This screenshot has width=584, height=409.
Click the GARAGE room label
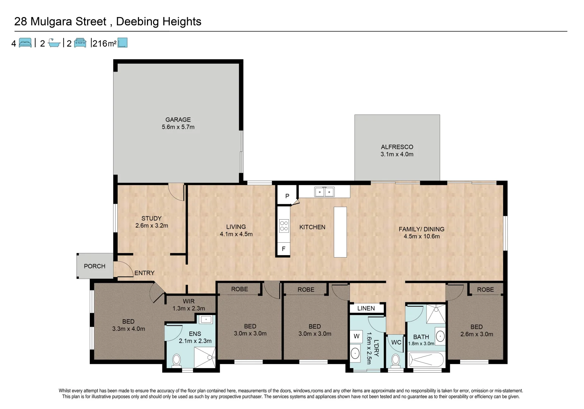(x=178, y=120)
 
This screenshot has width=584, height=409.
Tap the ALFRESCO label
(x=397, y=147)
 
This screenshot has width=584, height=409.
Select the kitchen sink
(x=324, y=192)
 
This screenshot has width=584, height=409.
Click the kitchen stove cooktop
(x=284, y=226)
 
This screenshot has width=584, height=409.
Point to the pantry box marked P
(x=287, y=196)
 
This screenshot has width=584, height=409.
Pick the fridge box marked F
(x=283, y=249)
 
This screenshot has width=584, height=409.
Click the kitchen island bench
(x=340, y=232)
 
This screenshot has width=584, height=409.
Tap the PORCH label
(x=95, y=266)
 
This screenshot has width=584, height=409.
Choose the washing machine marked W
(x=356, y=336)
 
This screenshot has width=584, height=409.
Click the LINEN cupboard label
(x=366, y=308)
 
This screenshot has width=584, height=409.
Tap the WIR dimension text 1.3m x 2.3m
(x=189, y=309)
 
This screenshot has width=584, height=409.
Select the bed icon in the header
(x=25, y=43)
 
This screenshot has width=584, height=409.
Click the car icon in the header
(x=80, y=43)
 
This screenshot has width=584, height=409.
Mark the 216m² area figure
(x=104, y=44)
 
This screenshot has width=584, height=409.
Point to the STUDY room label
(x=151, y=219)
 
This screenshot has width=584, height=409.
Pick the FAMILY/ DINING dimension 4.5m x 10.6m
(x=422, y=236)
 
